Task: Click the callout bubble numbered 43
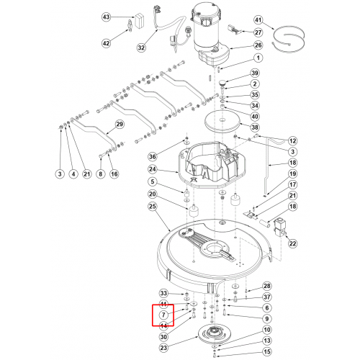pos(106,17)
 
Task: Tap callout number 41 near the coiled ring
pos(258,20)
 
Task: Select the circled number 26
pos(258,45)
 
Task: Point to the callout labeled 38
pos(255,127)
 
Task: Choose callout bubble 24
pos(153,169)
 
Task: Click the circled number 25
pos(153,206)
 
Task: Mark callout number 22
pos(292,243)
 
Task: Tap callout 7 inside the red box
pos(163,315)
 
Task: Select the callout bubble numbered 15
pos(267,352)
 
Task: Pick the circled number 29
pos(120,125)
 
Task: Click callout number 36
pos(153,157)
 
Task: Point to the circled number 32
pos(141,48)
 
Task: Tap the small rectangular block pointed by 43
pos(139,21)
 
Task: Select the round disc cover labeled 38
pos(222,121)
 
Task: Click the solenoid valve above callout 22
pos(279,228)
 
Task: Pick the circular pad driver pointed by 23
pos(212,335)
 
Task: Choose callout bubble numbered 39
pos(255,73)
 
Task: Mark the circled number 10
pos(267,330)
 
